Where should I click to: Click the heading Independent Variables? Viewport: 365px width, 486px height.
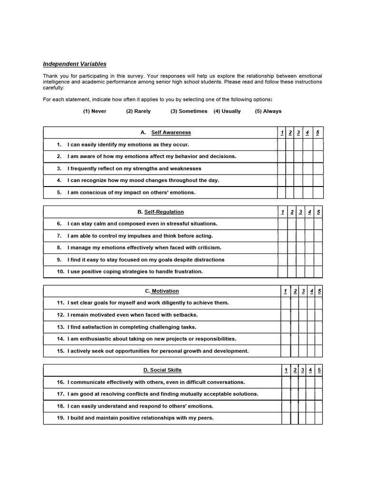tap(75, 64)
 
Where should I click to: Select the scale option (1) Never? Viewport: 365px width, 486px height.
tap(95, 111)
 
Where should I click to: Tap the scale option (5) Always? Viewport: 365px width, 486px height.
tap(268, 111)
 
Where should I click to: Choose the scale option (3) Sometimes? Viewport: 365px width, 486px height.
tap(189, 111)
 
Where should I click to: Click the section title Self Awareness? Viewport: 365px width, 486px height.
tap(171, 132)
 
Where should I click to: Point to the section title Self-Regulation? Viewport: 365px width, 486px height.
tap(163, 212)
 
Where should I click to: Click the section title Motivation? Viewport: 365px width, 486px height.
tap(165, 291)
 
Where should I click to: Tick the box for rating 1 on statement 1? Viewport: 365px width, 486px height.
tap(281, 145)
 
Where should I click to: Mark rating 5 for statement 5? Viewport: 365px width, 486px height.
tap(318, 193)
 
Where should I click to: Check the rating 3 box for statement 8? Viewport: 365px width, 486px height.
tap(300, 248)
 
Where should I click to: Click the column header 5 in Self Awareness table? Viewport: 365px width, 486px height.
tap(317, 132)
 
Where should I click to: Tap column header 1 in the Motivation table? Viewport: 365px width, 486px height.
tap(285, 291)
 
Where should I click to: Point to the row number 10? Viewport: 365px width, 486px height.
tap(60, 271)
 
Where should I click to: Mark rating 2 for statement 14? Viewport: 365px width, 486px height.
tap(295, 339)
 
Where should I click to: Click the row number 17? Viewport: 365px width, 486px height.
tap(60, 394)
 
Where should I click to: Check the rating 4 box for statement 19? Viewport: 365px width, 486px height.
tap(310, 418)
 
